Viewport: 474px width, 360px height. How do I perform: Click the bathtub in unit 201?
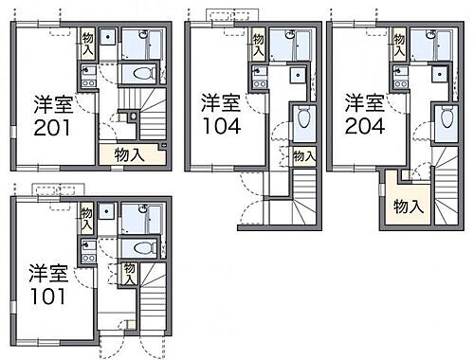(x=147, y=42)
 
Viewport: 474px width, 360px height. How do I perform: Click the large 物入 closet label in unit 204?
(x=409, y=206)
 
